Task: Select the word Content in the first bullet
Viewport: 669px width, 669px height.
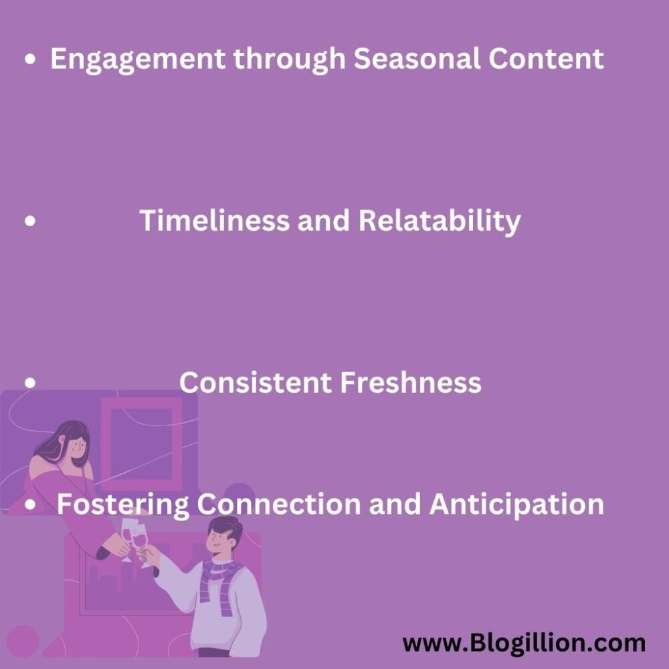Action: coord(545,59)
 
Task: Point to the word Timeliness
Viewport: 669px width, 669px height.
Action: coord(214,221)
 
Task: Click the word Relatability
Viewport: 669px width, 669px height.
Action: coord(439,221)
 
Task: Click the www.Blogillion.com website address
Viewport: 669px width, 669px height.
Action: coord(524,644)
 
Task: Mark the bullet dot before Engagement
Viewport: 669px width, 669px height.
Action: coord(30,60)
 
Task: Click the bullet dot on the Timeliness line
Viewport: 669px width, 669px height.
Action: coord(30,221)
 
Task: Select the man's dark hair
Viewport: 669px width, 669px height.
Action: coord(223,529)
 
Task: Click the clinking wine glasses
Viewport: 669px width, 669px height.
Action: coord(134,539)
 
